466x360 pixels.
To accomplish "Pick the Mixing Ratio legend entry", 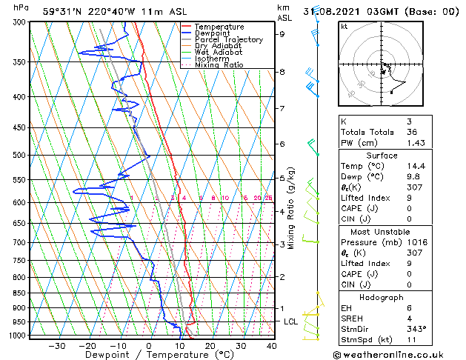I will [x=219, y=65].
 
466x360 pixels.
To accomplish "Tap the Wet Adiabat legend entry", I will [x=216, y=52].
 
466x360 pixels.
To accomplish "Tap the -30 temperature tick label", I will [x=56, y=346].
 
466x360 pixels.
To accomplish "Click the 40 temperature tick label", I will [x=271, y=346].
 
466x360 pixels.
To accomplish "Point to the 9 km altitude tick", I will [x=282, y=34].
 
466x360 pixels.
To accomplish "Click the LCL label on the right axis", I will [x=291, y=321].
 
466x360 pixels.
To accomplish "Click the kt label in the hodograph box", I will [x=344, y=26].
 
